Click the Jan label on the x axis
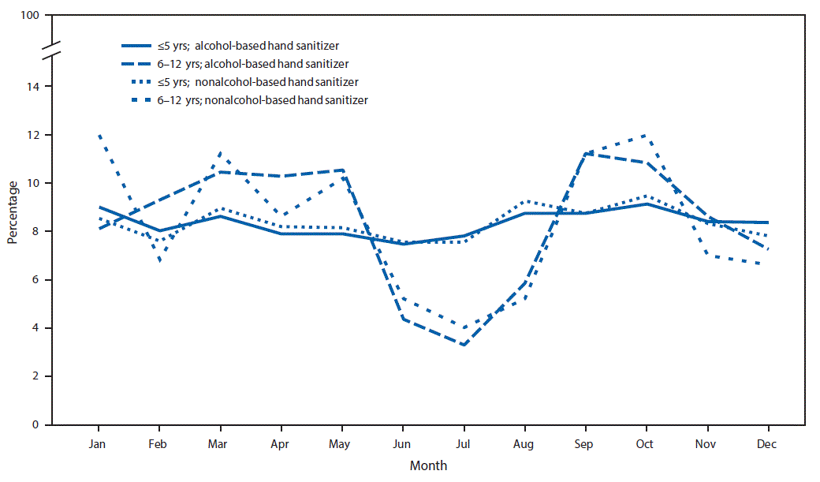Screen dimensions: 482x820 coord(99,445)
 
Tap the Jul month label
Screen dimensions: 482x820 coord(463,445)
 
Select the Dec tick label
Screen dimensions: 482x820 coord(766,445)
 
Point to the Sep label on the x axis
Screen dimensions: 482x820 coord(584,445)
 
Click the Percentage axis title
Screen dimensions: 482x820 coord(13,212)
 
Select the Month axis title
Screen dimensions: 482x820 coord(428,465)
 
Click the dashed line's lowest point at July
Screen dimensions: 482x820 coord(463,345)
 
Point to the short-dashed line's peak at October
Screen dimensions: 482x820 coord(646,135)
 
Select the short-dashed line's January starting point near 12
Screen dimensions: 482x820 coord(99,135)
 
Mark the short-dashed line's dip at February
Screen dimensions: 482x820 coord(160,260)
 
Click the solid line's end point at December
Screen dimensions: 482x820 coord(766,222)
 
